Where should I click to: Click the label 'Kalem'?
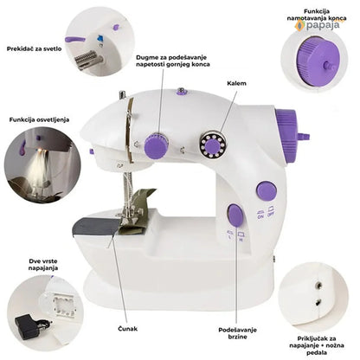coord(236,83)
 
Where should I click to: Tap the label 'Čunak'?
coord(128,329)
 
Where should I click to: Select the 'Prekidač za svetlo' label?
coord(34,48)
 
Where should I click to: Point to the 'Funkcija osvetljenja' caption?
coord(39,119)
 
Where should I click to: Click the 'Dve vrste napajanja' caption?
coord(43,265)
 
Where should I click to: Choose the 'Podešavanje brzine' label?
coord(237,333)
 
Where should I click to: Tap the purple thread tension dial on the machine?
coord(156,145)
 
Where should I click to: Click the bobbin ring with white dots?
coord(212,145)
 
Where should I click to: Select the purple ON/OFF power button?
coord(267,191)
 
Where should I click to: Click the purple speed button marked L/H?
coord(235,215)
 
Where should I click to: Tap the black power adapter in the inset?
coord(28,327)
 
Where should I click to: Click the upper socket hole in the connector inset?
coord(318,286)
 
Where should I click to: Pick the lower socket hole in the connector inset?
coord(318,303)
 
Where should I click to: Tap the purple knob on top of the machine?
coord(182,92)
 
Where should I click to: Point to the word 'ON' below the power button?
coord(260,216)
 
